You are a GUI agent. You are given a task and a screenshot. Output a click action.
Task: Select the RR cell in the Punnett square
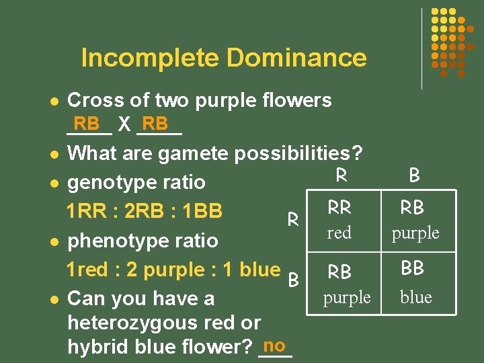tap(339, 208)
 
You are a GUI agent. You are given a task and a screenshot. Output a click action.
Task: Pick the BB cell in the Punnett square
tap(412, 268)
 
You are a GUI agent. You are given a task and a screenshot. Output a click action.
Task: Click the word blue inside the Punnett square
tap(416, 297)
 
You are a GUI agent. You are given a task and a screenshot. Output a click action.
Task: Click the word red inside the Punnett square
tap(339, 233)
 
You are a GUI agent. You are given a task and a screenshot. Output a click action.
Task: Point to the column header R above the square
tap(341, 175)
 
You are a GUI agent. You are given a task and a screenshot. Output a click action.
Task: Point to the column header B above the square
tap(414, 175)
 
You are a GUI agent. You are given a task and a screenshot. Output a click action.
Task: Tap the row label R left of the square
tap(293, 219)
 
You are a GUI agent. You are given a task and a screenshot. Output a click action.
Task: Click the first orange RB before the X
tap(87, 124)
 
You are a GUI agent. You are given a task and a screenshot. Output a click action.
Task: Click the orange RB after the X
tap(156, 124)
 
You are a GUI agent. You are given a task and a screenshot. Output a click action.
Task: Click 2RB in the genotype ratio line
tap(147, 211)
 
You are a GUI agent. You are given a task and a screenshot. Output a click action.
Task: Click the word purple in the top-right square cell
tap(415, 233)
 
